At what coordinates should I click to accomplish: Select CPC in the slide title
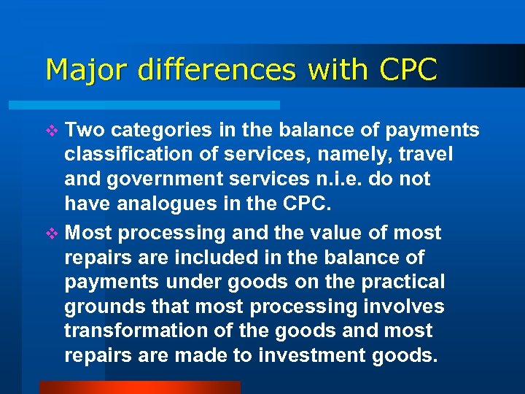point(408,70)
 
